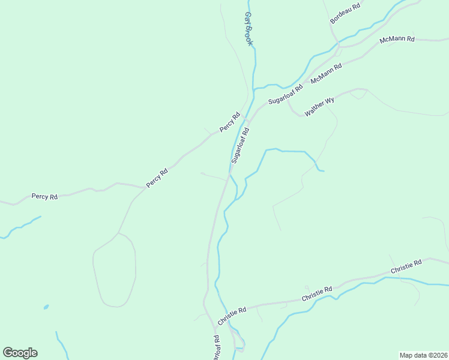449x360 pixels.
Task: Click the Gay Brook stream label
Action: click(249, 29)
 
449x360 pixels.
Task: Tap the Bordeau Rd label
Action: click(345, 14)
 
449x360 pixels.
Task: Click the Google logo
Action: click(20, 353)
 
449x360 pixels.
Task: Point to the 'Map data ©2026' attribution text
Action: click(424, 355)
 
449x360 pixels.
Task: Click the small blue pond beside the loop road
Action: click(46, 307)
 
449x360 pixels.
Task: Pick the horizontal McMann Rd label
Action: click(397, 40)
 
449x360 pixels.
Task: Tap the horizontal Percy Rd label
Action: click(44, 196)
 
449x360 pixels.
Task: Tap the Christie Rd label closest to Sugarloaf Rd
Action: click(232, 316)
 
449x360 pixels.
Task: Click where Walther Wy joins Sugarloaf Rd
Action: click(288, 100)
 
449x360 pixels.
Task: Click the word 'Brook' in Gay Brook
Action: click(249, 37)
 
